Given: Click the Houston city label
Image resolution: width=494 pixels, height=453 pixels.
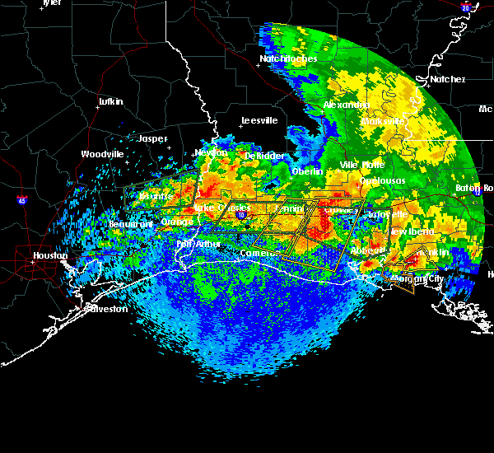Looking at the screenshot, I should (x=50, y=255).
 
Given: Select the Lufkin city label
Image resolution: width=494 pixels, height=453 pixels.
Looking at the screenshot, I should (x=110, y=101).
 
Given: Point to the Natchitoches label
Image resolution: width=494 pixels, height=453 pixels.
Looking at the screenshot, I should (x=282, y=58).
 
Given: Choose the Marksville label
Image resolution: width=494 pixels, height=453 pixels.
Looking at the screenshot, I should (x=384, y=121).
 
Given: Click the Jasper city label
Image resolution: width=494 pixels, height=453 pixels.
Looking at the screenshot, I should (x=152, y=138).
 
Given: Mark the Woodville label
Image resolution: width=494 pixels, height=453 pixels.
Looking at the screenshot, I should (x=102, y=154).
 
